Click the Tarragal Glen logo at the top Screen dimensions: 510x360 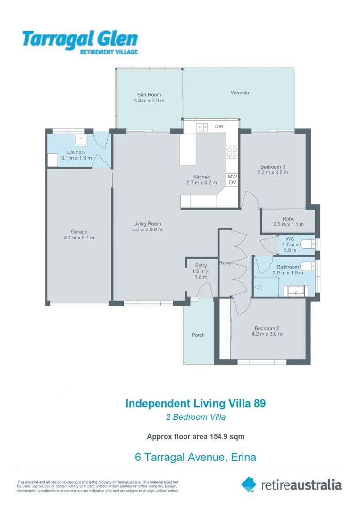79,42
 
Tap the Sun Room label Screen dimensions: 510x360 149,95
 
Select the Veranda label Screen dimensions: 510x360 239,93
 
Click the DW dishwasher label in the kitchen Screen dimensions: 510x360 218,127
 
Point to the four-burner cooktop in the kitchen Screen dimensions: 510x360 232,152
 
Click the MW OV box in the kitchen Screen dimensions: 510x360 232,179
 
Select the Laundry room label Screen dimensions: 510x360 76,152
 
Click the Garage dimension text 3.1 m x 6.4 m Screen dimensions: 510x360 79,238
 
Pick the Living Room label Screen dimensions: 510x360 147,224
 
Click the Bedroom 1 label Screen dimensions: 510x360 273,167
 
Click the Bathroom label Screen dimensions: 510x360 288,267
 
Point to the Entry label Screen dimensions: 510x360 201,266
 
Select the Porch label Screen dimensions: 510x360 198,335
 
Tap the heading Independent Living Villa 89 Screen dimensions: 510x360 195,403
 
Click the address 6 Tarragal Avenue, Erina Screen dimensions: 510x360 195,457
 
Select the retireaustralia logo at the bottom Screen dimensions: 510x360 291,484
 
